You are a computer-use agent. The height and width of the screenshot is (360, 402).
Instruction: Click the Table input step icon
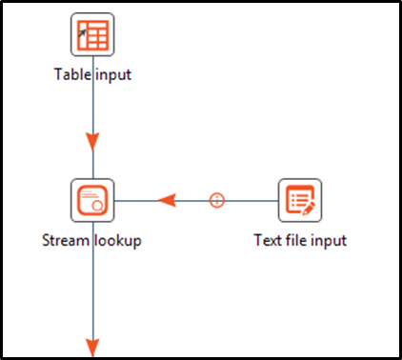pyautogui.click(x=92, y=34)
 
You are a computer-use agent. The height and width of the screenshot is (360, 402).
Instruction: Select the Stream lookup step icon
pyautogui.click(x=92, y=200)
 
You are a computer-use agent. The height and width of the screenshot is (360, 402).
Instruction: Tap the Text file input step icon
pyautogui.click(x=299, y=200)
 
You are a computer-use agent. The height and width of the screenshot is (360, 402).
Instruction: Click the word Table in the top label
pyautogui.click(x=73, y=75)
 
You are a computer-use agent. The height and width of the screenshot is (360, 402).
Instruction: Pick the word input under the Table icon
pyautogui.click(x=113, y=75)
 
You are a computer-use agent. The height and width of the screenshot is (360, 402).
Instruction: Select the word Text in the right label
pyautogui.click(x=269, y=240)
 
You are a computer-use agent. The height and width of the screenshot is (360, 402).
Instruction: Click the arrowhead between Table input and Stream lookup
pyautogui.click(x=92, y=142)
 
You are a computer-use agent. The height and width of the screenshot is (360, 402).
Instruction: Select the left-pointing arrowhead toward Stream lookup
pyautogui.click(x=167, y=200)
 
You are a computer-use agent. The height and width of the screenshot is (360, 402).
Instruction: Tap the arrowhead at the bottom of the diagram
pyautogui.click(x=92, y=347)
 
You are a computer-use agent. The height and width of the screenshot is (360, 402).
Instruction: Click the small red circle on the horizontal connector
pyautogui.click(x=217, y=200)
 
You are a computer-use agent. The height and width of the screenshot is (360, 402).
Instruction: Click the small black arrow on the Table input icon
pyautogui.click(x=83, y=30)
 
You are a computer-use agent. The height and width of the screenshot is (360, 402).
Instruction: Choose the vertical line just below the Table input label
pyautogui.click(x=92, y=105)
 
